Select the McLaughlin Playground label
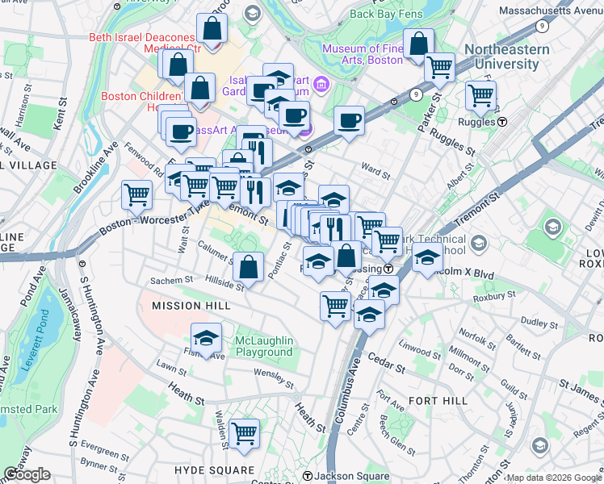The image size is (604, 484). point(264,347)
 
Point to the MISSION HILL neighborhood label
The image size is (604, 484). point(191,307)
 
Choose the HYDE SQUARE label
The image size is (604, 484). point(214,469)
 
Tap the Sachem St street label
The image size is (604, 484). point(171,281)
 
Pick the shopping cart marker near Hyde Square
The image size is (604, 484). point(243,433)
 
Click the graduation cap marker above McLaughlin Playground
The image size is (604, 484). point(207,337)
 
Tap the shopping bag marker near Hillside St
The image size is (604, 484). point(250,265)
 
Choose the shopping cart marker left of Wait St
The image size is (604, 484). point(136,194)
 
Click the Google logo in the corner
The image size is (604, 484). point(27,474)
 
